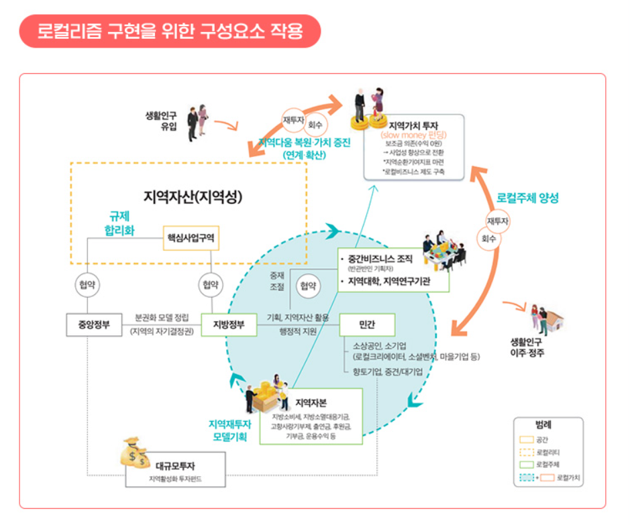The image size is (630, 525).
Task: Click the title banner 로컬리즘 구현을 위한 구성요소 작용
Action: click(170, 31)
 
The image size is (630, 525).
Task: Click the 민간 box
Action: click(366, 325)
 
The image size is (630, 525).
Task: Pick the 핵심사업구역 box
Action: click(191, 237)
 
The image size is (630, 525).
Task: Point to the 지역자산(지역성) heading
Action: click(193, 197)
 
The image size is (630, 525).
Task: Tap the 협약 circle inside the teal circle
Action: click(308, 286)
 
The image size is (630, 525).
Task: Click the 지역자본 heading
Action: click(310, 402)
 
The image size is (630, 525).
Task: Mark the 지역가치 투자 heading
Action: click(413, 125)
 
